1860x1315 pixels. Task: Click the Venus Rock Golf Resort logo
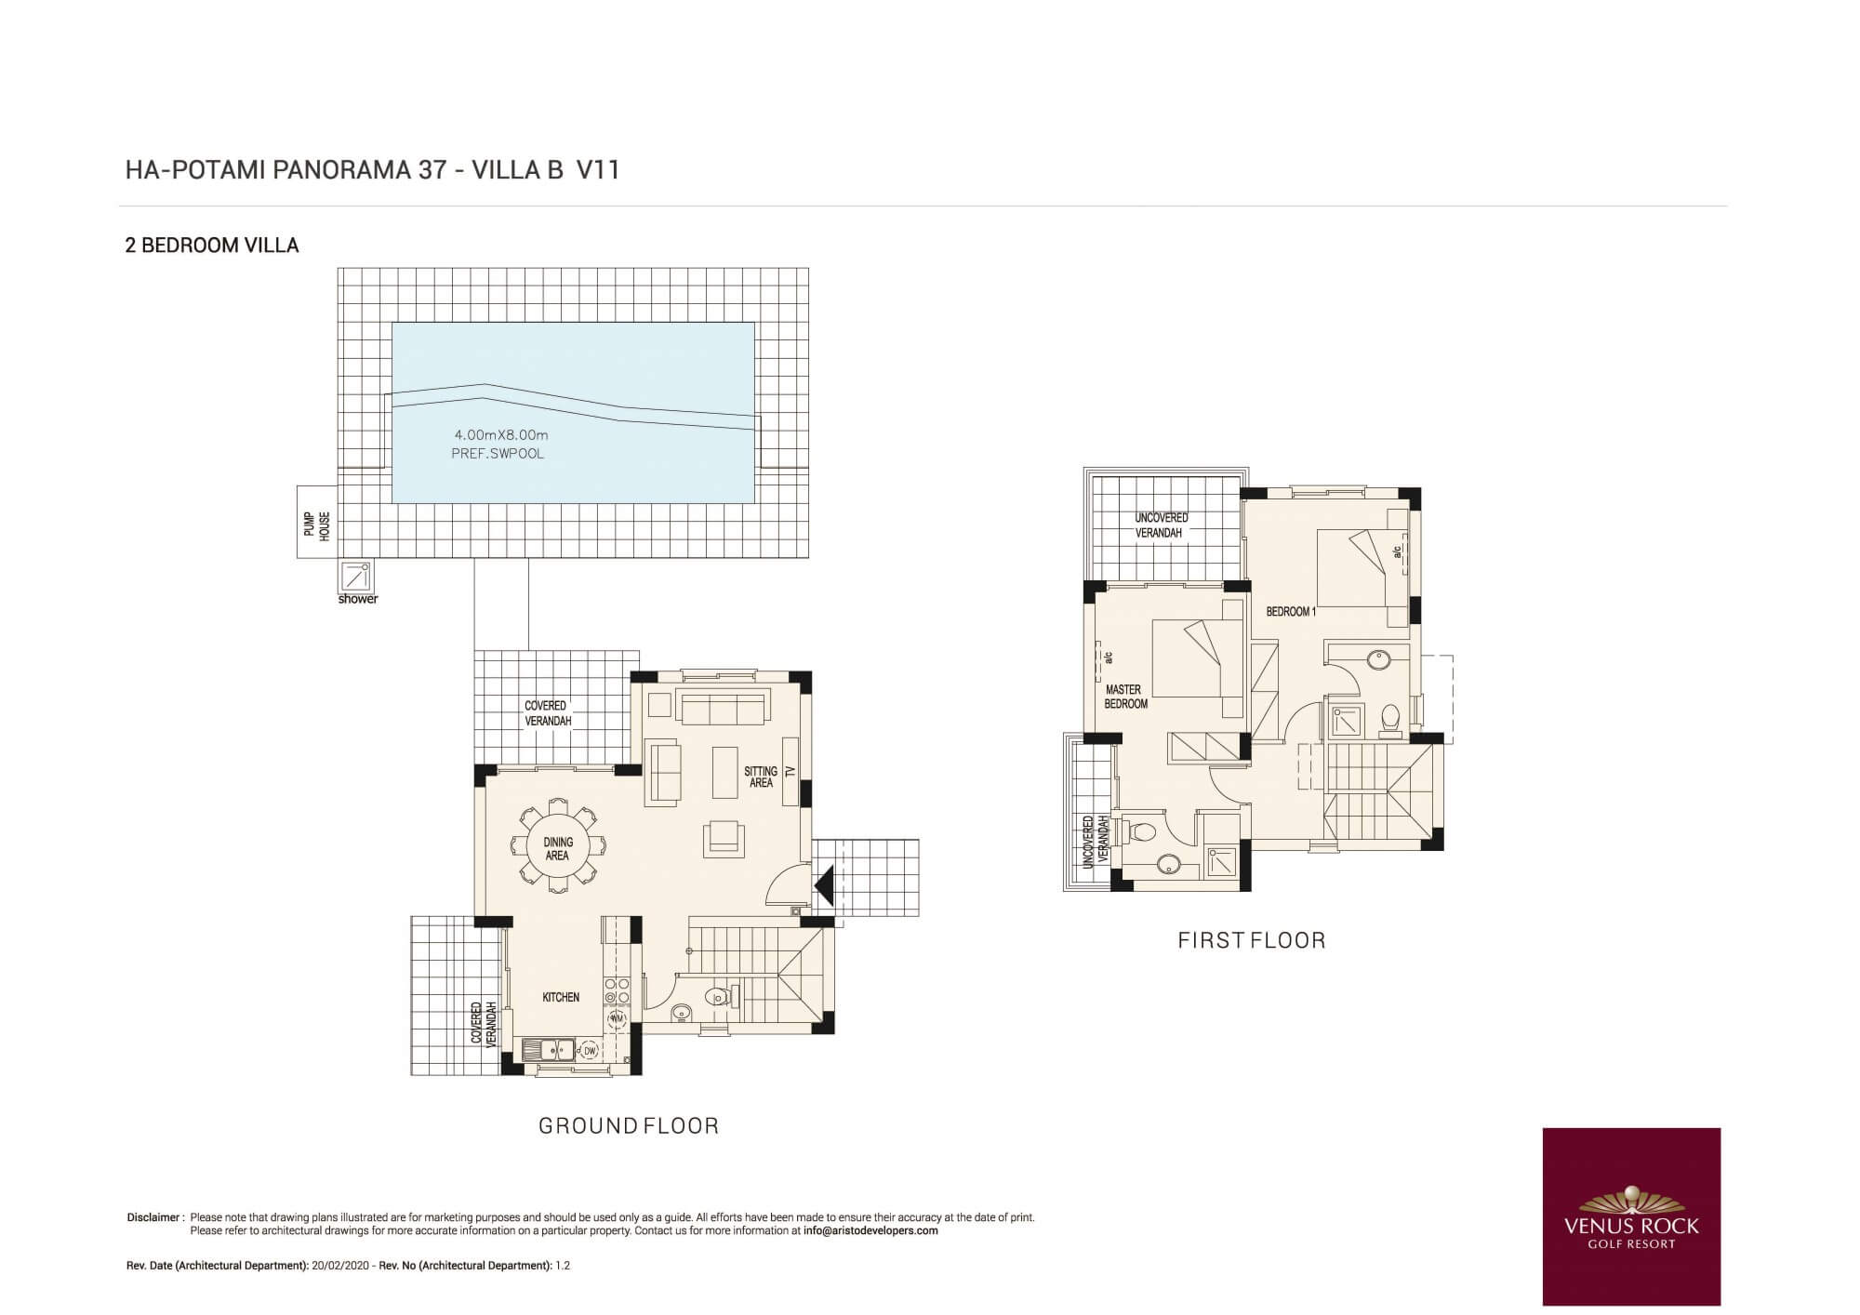point(1631,1216)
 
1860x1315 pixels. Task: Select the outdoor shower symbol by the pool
point(357,576)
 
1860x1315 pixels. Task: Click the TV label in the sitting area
point(790,771)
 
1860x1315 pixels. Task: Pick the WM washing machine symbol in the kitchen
point(617,1019)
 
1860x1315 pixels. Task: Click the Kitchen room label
point(561,997)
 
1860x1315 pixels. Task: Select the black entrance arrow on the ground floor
point(824,885)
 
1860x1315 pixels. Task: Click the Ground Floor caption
point(630,1126)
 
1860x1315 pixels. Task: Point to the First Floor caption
point(1252,940)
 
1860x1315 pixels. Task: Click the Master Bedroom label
point(1125,697)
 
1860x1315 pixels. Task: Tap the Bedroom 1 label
point(1291,612)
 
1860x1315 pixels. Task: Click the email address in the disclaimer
point(870,1230)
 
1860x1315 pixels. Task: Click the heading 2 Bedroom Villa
point(212,246)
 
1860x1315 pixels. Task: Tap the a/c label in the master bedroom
point(1108,657)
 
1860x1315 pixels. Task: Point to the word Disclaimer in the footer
point(154,1217)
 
